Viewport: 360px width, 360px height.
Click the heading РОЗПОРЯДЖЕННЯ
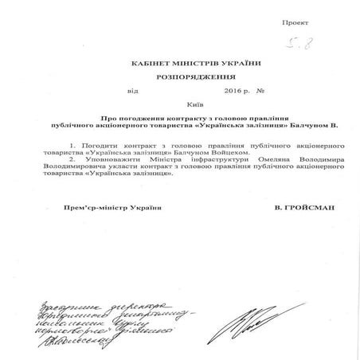pos(180,79)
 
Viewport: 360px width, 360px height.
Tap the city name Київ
pos(181,104)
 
